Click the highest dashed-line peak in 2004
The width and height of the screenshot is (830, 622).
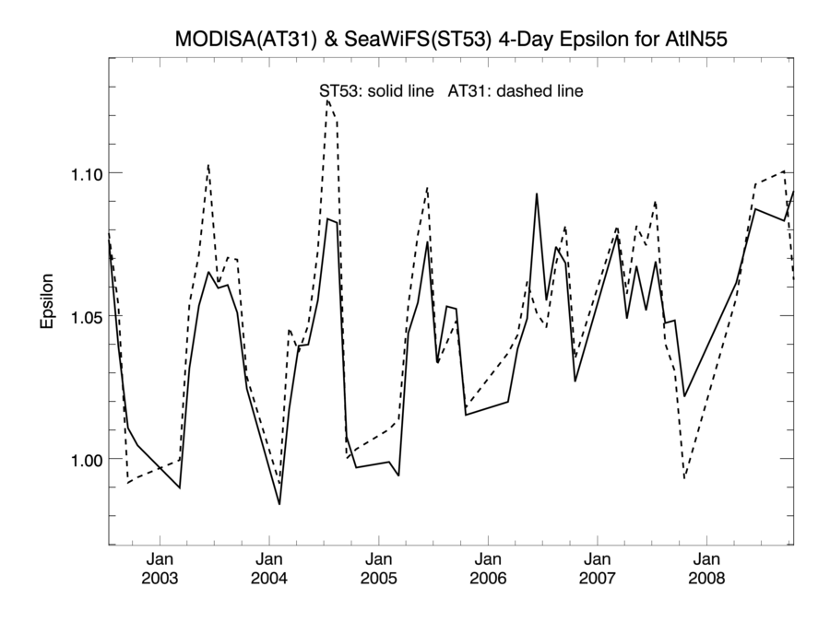tap(327, 100)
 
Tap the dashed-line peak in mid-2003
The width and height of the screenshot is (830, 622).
tap(208, 165)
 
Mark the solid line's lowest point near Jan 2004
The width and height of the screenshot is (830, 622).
tap(279, 504)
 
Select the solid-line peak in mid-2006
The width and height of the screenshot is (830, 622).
tap(537, 194)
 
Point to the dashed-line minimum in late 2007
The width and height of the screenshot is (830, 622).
tap(684, 478)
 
